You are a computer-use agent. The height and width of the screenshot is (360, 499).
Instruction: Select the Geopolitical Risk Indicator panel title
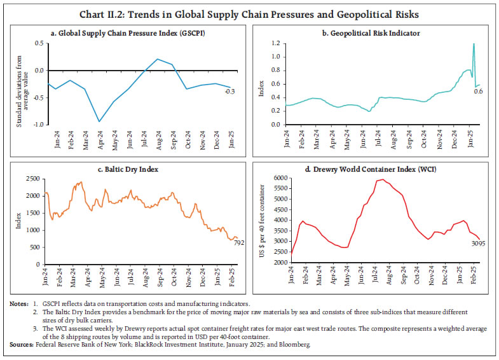(x=373, y=33)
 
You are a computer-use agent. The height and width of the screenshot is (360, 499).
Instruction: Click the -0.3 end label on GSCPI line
(x=230, y=92)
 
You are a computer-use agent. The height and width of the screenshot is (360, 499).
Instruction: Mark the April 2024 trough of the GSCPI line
(x=99, y=121)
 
